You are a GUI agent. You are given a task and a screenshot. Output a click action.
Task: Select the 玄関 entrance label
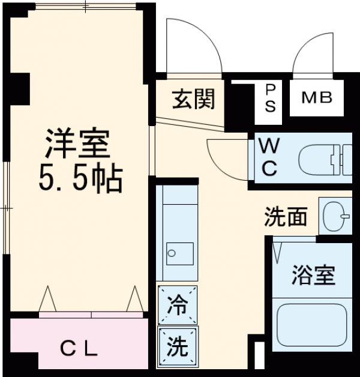pyautogui.click(x=194, y=98)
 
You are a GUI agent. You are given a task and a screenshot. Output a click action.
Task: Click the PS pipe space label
pyautogui.click(x=271, y=98)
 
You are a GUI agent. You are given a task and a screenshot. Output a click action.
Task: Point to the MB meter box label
pyautogui.click(x=316, y=97)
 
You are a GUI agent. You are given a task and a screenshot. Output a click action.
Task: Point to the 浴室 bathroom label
pyautogui.click(x=313, y=276)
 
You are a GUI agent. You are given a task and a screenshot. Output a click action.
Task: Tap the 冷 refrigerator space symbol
pyautogui.click(x=177, y=304)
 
